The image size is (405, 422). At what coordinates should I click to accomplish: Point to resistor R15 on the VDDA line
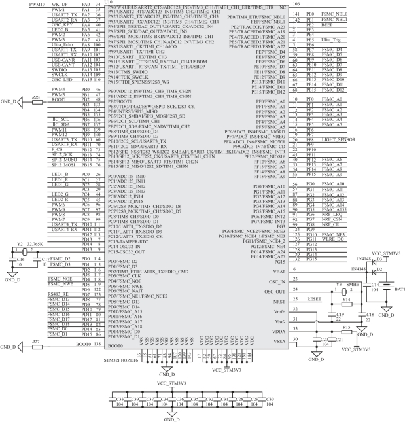tap(347, 330)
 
